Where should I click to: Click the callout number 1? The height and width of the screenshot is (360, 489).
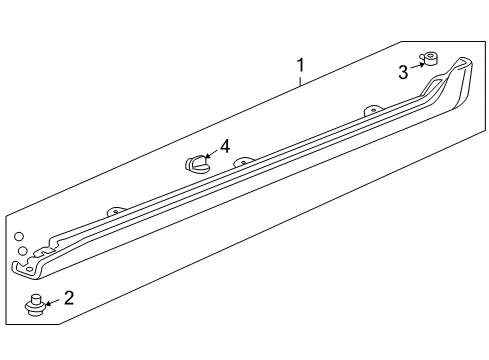pyautogui.click(x=300, y=66)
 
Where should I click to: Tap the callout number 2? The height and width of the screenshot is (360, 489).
pyautogui.click(x=68, y=297)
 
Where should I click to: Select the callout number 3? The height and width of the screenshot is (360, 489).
pyautogui.click(x=403, y=72)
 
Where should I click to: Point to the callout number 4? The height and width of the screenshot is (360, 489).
pyautogui.click(x=225, y=146)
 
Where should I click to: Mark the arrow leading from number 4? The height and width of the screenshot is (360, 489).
pyautogui.click(x=211, y=153)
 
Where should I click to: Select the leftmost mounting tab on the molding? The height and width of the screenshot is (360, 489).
pyautogui.click(x=116, y=211)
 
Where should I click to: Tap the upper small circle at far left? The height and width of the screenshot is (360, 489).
pyautogui.click(x=19, y=236)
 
